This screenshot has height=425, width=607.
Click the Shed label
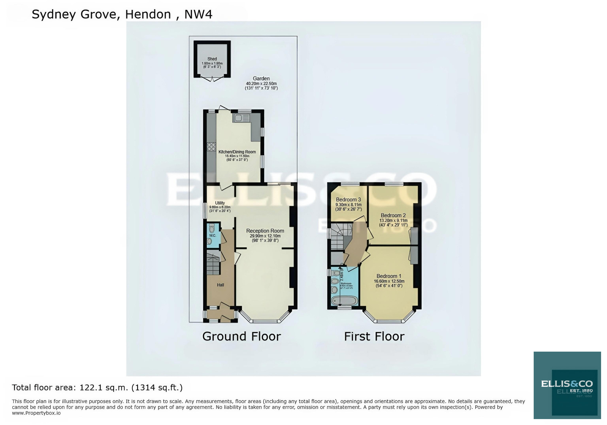click(x=212, y=59)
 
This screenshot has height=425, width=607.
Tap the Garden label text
click(x=261, y=79)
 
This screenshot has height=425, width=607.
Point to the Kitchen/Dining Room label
click(x=237, y=152)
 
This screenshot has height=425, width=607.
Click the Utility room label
click(x=220, y=203)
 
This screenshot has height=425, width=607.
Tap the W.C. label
click(x=213, y=235)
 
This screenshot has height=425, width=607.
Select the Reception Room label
click(x=265, y=231)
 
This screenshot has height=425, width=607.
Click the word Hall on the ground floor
click(x=221, y=285)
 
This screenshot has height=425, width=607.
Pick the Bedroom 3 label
click(x=348, y=200)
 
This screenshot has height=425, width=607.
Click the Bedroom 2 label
click(x=393, y=215)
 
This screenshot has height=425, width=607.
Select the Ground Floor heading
click(x=241, y=336)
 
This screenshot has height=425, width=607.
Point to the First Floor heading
click(x=374, y=336)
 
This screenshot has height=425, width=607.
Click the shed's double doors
click(x=212, y=79)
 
